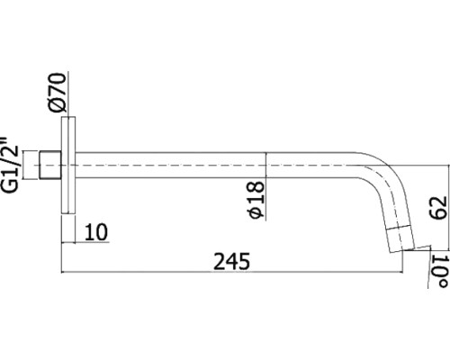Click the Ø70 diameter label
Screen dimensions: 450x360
[56, 93]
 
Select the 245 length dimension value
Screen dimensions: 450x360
[231, 261]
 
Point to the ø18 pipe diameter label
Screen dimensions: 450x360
[256, 200]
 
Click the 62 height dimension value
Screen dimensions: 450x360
[438, 208]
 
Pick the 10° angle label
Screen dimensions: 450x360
[440, 271]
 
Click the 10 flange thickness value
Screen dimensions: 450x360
[96, 231]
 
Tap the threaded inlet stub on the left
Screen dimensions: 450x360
[50, 166]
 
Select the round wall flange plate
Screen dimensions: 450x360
[68, 166]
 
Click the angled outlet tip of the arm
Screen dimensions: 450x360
[400, 239]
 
